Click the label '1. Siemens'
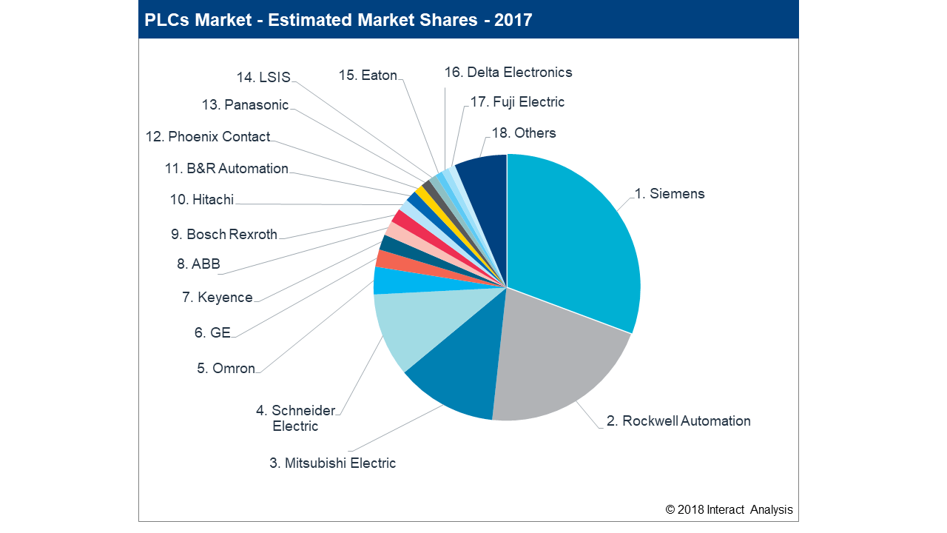pos(670,194)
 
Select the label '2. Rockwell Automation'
pos(678,421)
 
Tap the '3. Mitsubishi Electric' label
pos(333,463)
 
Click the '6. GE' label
pos(212,333)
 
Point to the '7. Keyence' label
pos(218,298)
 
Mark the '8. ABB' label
pos(198,264)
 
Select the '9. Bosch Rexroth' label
pos(224,235)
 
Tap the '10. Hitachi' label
pos(202,200)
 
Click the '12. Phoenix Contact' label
pos(208,137)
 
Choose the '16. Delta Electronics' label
pos(508,73)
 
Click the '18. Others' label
pos(524,133)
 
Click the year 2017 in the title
pos(513,20)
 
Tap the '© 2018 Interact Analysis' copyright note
pos(729,509)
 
